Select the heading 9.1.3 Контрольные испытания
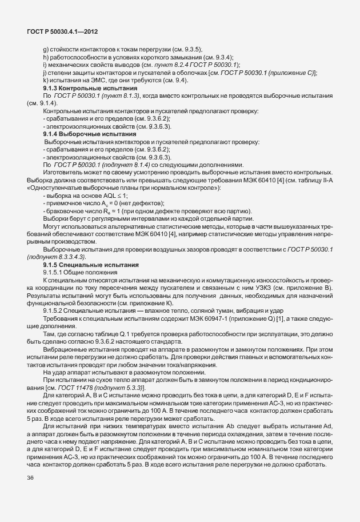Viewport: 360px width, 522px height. (x=90, y=89)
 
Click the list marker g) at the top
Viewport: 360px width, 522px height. (x=46, y=50)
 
